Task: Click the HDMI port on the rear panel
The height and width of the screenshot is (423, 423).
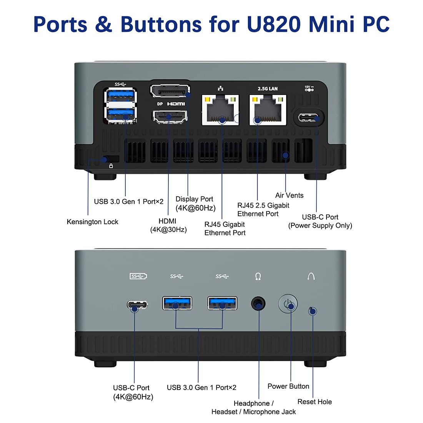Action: click(170, 117)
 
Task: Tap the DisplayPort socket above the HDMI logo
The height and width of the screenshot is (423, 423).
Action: click(170, 91)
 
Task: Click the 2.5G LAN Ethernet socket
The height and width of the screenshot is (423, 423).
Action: click(268, 110)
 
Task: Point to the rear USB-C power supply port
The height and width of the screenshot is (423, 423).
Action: click(309, 117)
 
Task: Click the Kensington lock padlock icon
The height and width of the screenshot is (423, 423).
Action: click(111, 166)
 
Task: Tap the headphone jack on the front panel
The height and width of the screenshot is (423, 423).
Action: click(258, 304)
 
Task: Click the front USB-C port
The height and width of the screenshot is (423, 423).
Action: click(137, 305)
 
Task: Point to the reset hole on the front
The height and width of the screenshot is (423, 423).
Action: click(311, 310)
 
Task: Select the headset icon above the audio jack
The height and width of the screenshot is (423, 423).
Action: click(258, 276)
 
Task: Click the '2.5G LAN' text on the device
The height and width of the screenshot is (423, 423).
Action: click(268, 89)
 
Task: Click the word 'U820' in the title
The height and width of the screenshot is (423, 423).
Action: click(273, 24)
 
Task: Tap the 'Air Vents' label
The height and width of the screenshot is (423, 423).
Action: click(289, 195)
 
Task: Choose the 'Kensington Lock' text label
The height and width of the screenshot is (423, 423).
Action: click(92, 222)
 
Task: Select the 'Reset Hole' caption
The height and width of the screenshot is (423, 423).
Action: click(315, 402)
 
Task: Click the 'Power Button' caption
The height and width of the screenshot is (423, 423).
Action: click(288, 386)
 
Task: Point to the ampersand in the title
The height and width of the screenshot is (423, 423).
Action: click(103, 24)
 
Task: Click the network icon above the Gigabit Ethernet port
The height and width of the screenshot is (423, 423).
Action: click(220, 88)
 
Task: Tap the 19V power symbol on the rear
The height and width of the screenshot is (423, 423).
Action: click(309, 88)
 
